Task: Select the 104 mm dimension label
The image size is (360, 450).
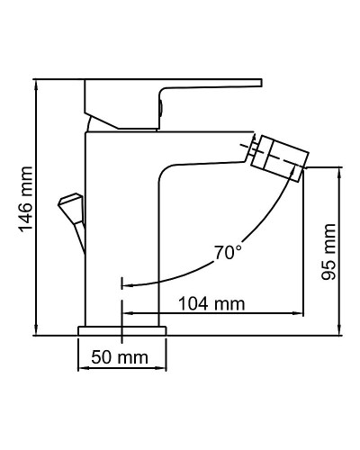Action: coord(212,303)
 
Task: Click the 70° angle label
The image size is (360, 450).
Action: coord(228,252)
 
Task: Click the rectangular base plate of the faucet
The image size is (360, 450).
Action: coord(123,331)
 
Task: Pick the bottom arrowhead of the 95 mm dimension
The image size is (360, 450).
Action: coord(341,332)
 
